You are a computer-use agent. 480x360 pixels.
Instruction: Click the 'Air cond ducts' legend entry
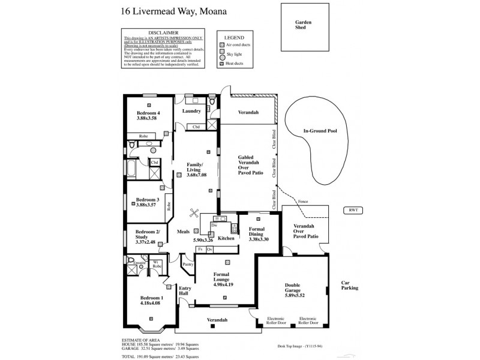click(x=238, y=45)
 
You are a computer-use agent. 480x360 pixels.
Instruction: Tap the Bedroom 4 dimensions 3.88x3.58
click(x=148, y=119)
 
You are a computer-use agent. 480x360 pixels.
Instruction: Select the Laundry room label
click(x=191, y=112)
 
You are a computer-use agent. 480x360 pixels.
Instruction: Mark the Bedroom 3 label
click(x=147, y=199)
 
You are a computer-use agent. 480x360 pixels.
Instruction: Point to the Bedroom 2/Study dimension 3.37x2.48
click(x=145, y=242)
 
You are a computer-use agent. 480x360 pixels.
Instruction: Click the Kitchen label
click(x=226, y=239)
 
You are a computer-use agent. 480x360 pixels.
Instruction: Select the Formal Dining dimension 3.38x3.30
click(x=259, y=239)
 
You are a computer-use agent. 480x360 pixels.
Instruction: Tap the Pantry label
click(x=187, y=264)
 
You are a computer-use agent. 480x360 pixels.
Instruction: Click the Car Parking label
click(x=349, y=285)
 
